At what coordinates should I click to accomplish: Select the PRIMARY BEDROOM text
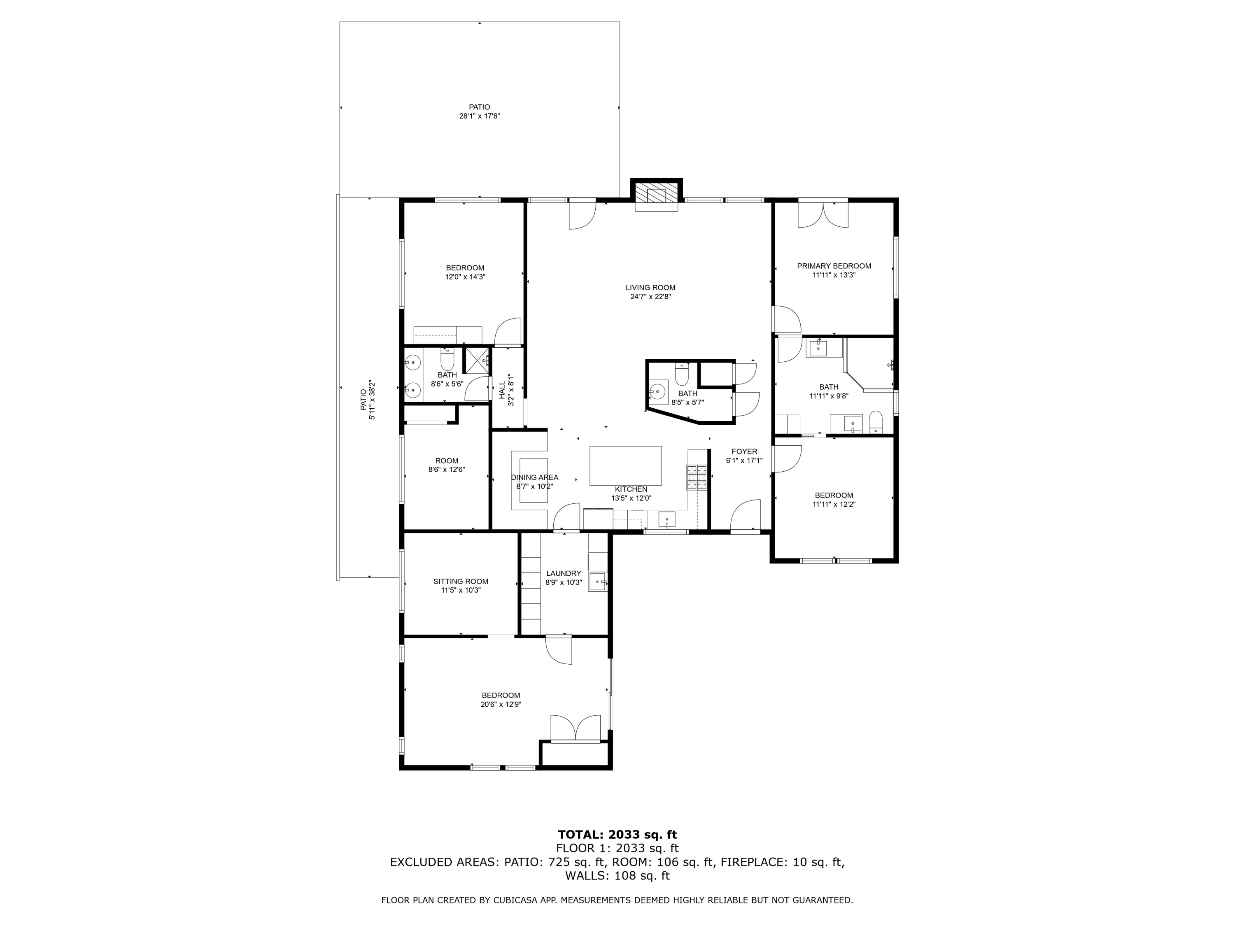click(x=834, y=266)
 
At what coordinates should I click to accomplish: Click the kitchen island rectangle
click(x=625, y=465)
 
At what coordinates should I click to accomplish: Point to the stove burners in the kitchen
click(x=696, y=478)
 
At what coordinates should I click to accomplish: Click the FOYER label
click(x=744, y=451)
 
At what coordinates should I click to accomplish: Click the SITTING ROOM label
click(x=461, y=582)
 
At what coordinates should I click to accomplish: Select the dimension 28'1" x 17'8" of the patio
click(x=479, y=116)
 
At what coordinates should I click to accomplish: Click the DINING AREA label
click(x=534, y=478)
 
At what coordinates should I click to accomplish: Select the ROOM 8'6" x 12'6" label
click(x=447, y=461)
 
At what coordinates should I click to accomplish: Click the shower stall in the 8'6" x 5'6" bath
click(x=476, y=359)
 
